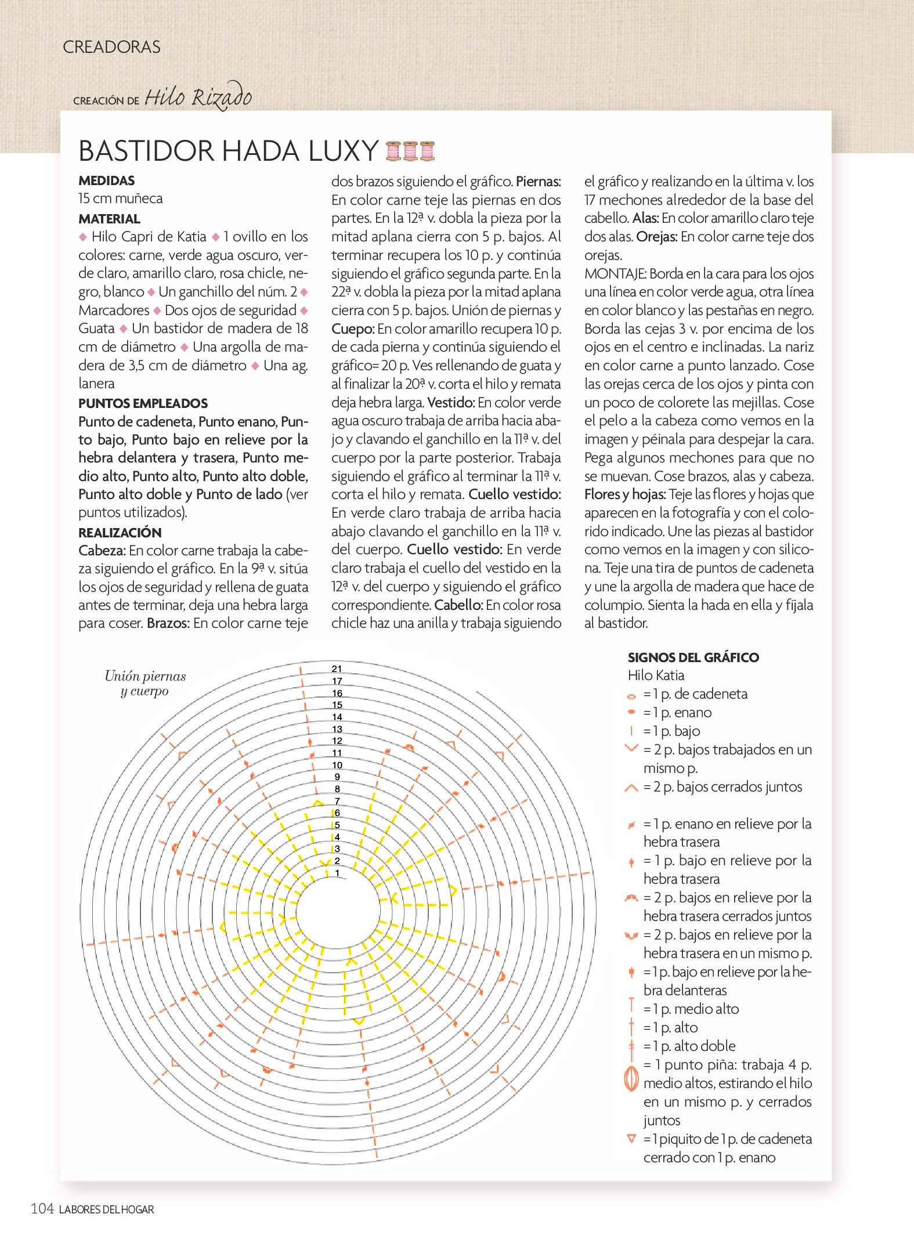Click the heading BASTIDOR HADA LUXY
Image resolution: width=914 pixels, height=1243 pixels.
coord(228,151)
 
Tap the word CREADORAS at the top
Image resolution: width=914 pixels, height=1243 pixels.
coord(111,47)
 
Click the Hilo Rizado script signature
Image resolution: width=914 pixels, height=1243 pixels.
coord(198,97)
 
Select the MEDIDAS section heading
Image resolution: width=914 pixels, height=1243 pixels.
coord(107,180)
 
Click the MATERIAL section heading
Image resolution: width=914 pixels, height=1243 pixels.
coord(109,219)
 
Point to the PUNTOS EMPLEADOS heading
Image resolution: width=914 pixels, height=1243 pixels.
coord(143,403)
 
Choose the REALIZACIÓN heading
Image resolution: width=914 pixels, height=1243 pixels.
coord(120,532)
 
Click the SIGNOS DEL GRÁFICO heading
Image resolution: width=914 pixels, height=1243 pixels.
coord(693,657)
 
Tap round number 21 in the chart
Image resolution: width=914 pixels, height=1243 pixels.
coord(337,669)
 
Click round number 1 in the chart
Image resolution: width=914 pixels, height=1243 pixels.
coord(337,873)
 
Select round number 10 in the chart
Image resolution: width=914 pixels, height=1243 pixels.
coord(337,765)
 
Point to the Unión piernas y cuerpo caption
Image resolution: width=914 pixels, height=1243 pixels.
coord(145,683)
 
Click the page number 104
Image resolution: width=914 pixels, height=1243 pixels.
coord(42,1209)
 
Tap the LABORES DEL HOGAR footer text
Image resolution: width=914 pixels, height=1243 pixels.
coord(107,1210)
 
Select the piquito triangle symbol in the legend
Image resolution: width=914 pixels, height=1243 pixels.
coord(631,1139)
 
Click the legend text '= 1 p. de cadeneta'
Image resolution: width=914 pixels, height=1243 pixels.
coord(695,694)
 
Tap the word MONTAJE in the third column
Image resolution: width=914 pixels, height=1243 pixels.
coord(615,273)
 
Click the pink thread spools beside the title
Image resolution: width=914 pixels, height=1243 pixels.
coord(410,151)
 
